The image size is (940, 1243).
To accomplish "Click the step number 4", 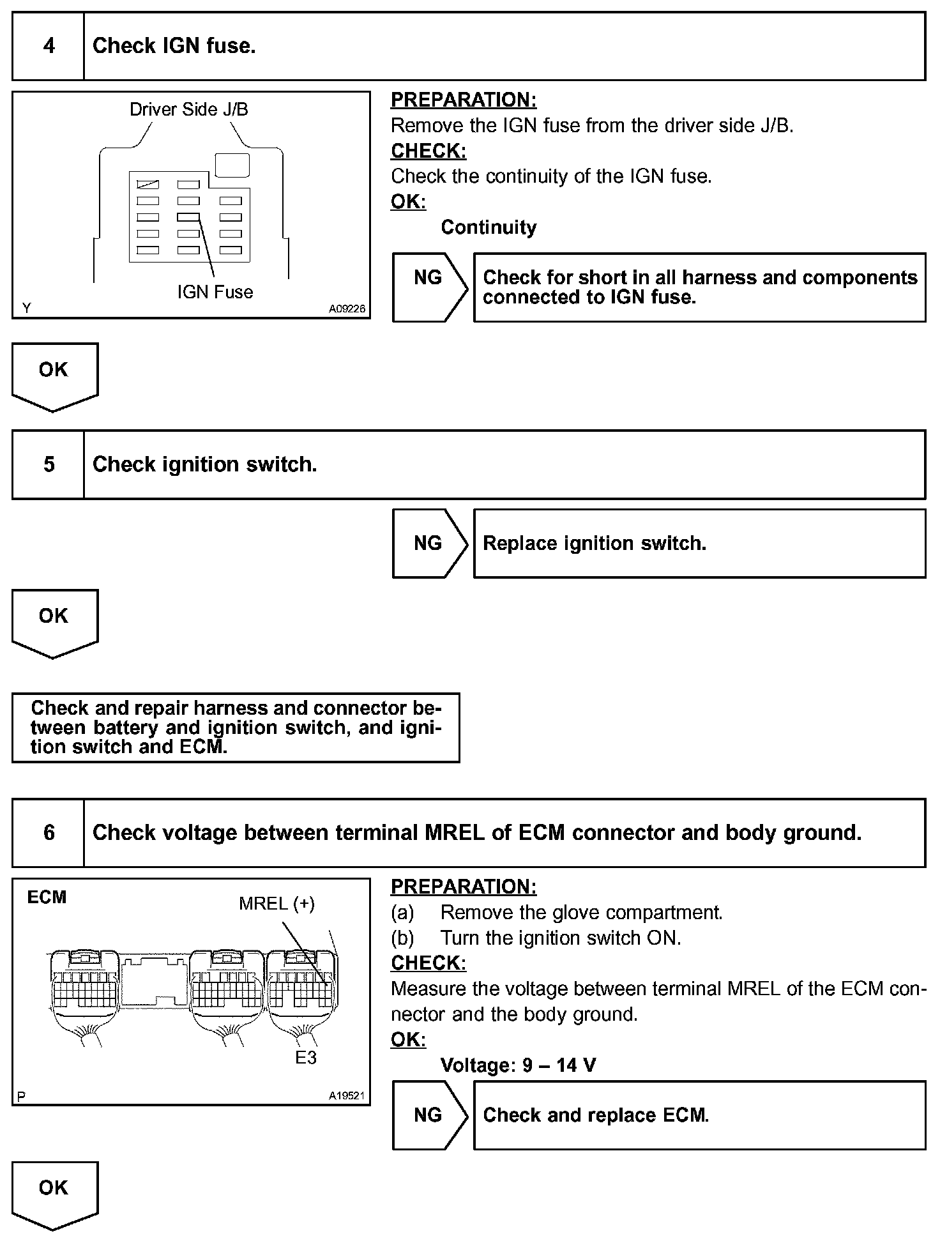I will (x=49, y=46).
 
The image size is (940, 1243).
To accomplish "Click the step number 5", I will (x=49, y=464).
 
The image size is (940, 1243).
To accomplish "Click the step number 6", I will (x=49, y=833).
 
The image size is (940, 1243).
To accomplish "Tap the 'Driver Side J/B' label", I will (x=188, y=109).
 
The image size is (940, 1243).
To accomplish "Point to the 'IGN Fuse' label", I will (x=215, y=292).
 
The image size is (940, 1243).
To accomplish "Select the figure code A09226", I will (x=347, y=309).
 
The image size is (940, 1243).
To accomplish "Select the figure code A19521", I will (x=347, y=1095).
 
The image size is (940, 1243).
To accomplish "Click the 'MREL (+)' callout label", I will (x=277, y=903).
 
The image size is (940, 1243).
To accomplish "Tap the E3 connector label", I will (x=306, y=1058).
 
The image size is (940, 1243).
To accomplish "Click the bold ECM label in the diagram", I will (x=47, y=897).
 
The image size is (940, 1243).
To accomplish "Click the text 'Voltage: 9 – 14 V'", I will (x=518, y=1065).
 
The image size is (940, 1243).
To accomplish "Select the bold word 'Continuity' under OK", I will (x=489, y=227).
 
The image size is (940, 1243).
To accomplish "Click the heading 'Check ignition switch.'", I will (x=204, y=464).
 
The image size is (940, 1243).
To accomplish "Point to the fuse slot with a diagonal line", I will (x=148, y=185).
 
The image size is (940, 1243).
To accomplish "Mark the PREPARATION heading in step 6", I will (x=464, y=887).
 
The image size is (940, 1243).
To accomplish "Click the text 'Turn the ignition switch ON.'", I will (x=561, y=938).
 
